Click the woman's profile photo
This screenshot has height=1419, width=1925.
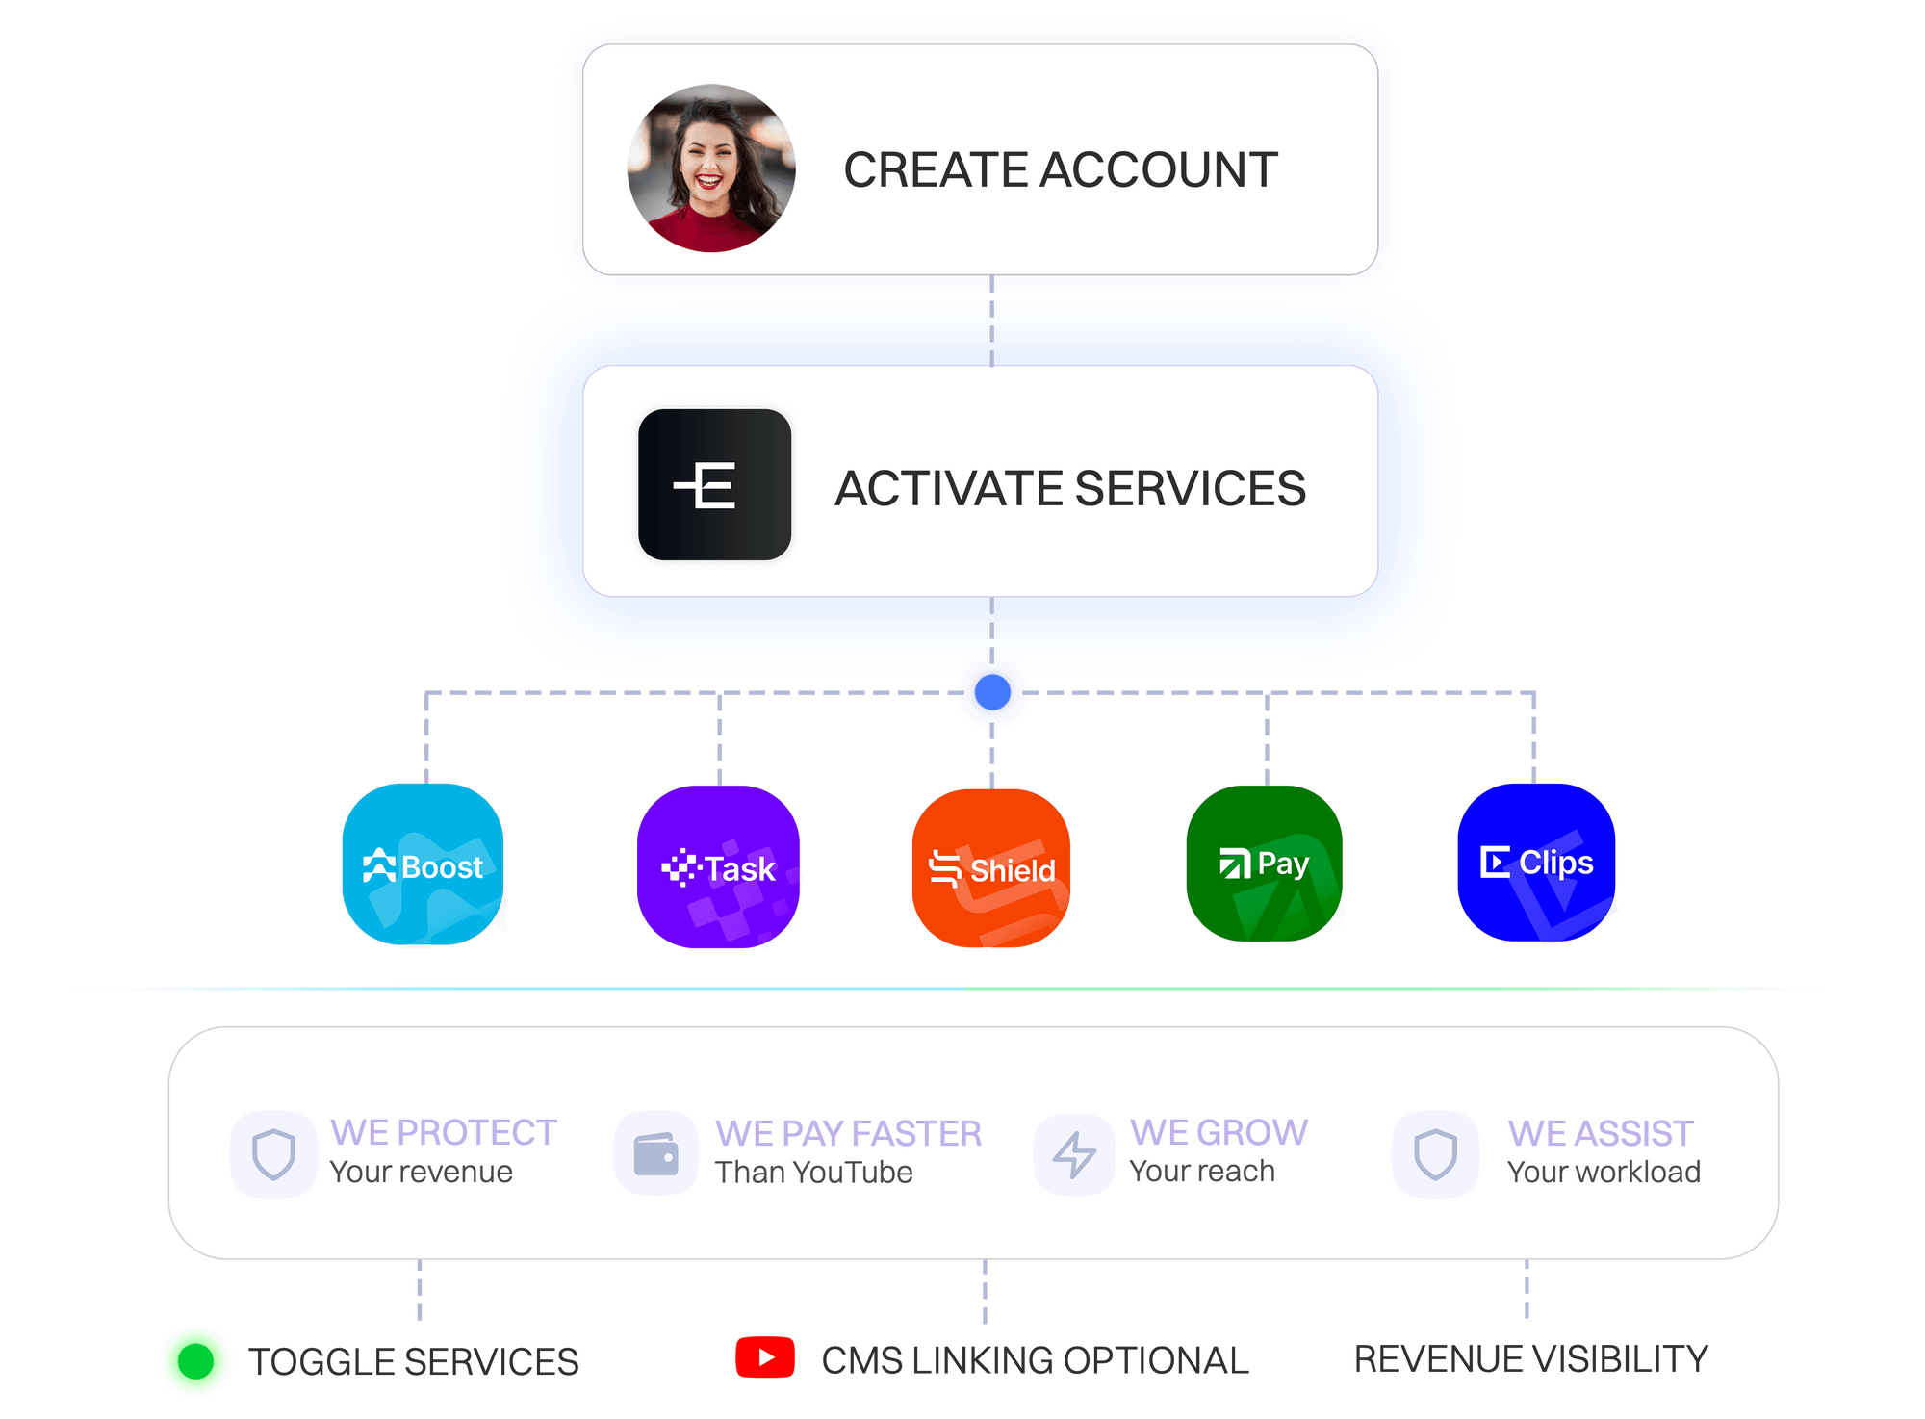[711, 168]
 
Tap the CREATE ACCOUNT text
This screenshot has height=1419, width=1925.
[1060, 170]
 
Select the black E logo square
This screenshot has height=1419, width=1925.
[714, 484]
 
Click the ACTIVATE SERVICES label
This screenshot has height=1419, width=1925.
[1069, 488]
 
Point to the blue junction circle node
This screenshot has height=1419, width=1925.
[992, 691]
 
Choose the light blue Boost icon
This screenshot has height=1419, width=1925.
[423, 864]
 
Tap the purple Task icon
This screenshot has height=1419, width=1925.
[718, 866]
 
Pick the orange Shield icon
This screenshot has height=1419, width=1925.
[991, 867]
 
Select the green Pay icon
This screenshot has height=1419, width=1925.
[1264, 864]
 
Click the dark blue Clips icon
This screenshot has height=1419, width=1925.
[1536, 862]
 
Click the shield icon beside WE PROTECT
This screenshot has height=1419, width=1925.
[273, 1153]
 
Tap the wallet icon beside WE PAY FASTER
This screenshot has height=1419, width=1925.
[656, 1153]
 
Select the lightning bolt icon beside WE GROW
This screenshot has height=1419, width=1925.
[1074, 1153]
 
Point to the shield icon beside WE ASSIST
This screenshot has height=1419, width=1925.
[1435, 1153]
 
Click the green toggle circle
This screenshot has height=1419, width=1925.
[195, 1360]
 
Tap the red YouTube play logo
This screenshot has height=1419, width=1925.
[765, 1357]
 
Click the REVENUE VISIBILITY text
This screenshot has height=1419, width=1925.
[1530, 1358]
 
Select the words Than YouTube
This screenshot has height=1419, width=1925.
[813, 1173]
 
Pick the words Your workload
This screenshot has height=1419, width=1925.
[1604, 1172]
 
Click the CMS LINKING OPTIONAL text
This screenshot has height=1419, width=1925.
[1035, 1360]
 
